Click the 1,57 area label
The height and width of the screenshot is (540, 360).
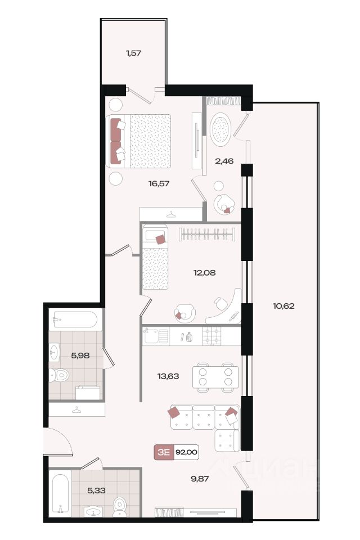134,53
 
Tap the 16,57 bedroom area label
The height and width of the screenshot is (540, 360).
159,183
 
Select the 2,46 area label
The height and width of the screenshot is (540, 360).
224,161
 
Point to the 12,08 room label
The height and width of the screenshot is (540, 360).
205,273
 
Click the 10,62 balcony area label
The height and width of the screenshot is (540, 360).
283,306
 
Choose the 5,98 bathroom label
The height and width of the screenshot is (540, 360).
80,355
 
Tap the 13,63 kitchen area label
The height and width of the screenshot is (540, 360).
168,376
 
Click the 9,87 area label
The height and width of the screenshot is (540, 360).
200,479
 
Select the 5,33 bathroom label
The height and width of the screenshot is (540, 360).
96,490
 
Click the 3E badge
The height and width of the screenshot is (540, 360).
164,452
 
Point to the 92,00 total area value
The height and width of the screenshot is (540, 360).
186,452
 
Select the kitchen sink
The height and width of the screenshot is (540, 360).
156,335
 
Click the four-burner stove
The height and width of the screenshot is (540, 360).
212,335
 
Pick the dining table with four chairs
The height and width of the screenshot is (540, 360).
215,377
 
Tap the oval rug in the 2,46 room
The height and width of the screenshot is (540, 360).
220,129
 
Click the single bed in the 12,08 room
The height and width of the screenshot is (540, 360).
155,257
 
